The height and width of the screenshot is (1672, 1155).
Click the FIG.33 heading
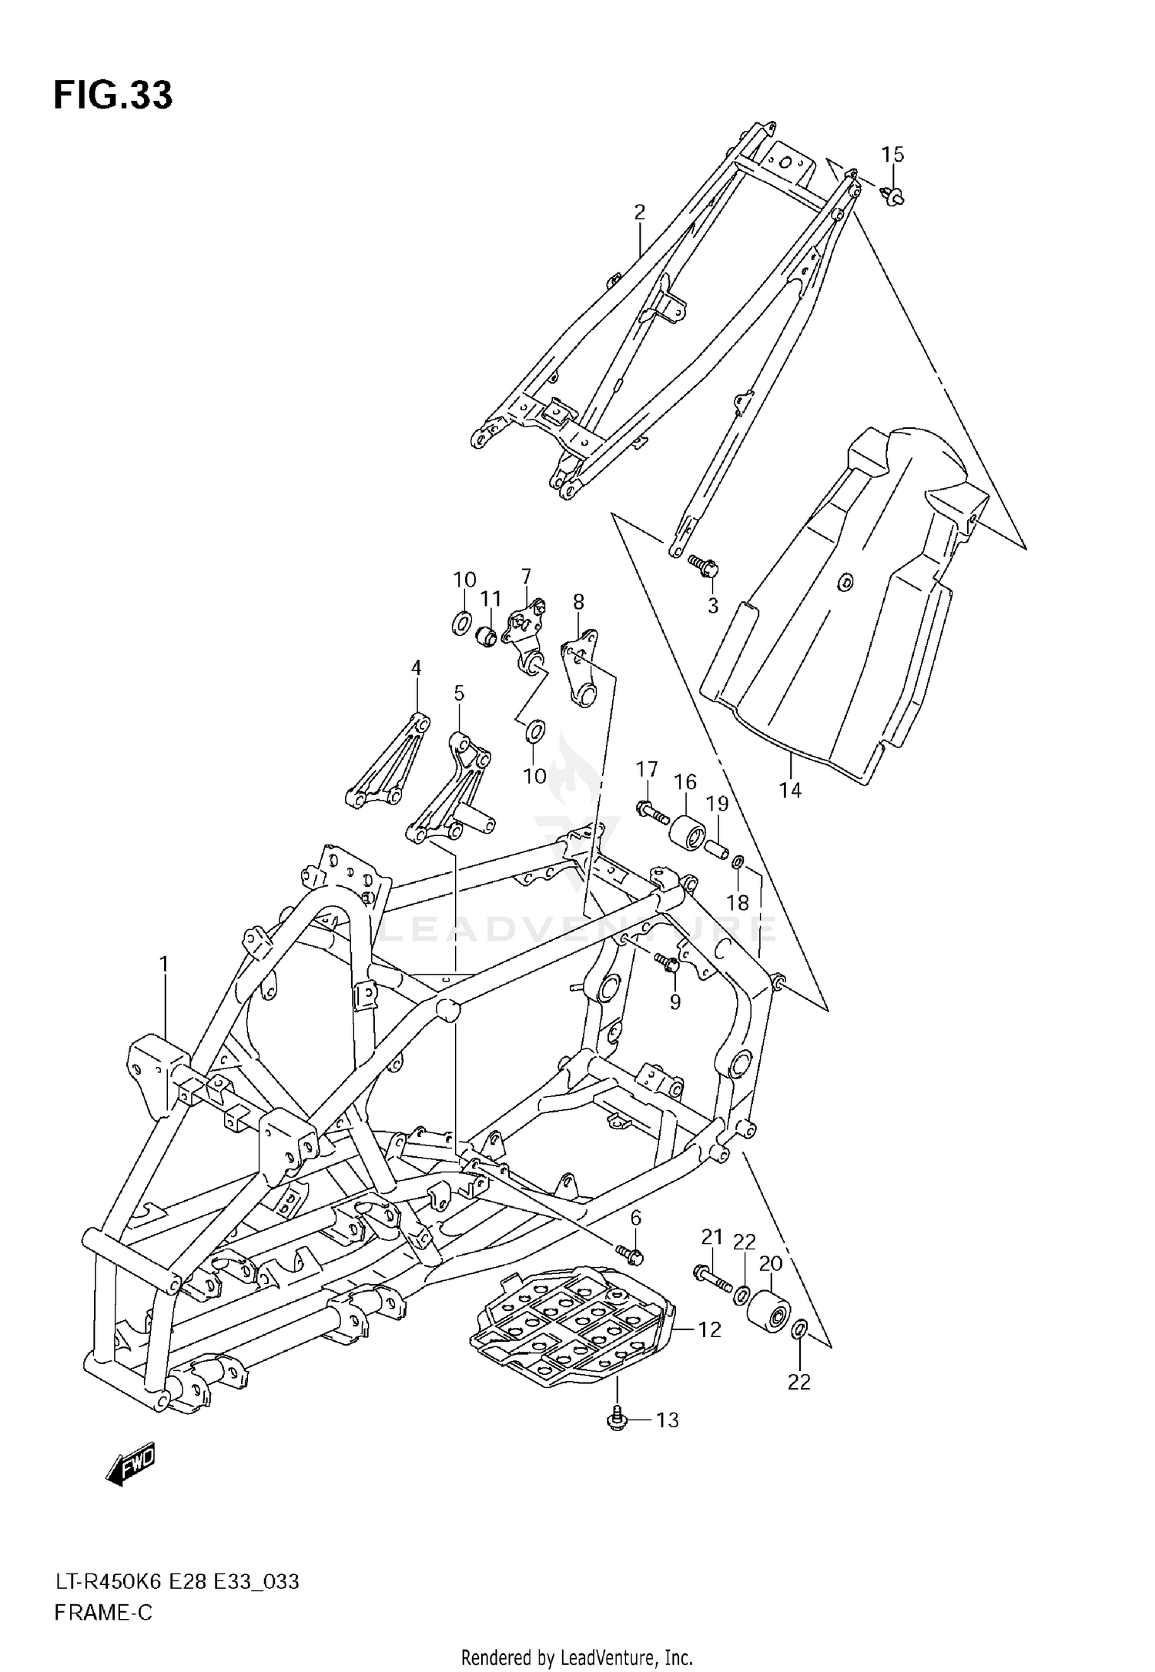click(x=113, y=95)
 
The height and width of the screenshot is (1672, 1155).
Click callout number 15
click(x=892, y=154)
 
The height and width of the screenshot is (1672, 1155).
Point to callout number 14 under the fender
click(x=790, y=790)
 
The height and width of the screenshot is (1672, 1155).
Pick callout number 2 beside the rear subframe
click(x=639, y=212)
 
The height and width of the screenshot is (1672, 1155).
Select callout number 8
click(x=578, y=601)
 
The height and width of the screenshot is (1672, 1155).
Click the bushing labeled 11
click(x=487, y=637)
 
